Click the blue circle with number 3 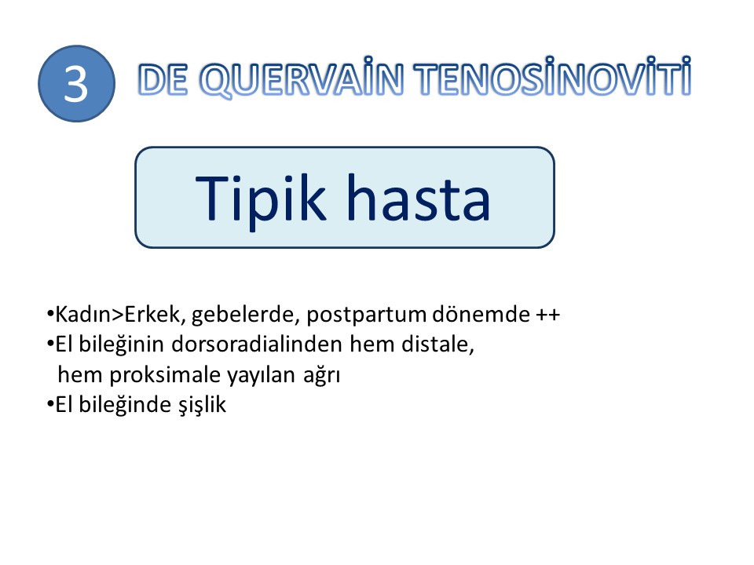tap(76, 84)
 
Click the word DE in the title tap(163, 78)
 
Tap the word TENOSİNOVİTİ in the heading tap(552, 77)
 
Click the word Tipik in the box tap(260, 199)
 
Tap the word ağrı tap(322, 376)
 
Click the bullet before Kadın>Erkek tap(50, 314)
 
